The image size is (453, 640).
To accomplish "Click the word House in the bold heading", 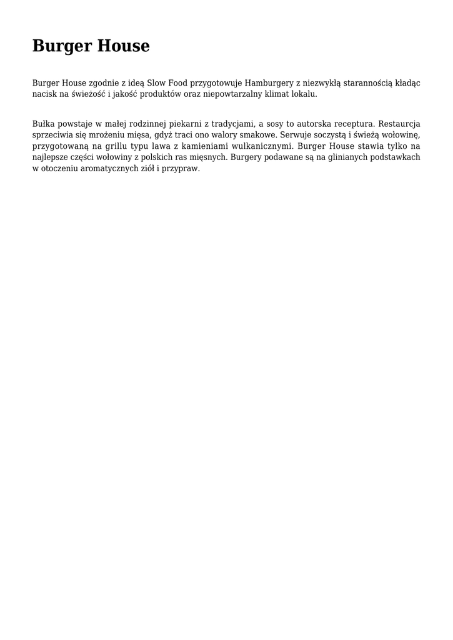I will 122,46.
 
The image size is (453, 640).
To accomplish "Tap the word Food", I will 177,82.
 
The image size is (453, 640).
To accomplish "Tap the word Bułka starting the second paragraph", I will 44,124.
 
